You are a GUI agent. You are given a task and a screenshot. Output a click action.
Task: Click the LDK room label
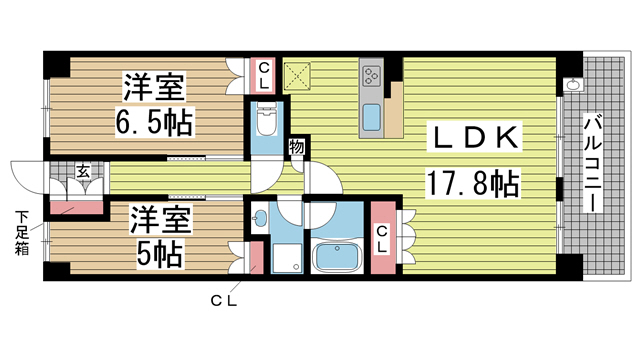(475, 138)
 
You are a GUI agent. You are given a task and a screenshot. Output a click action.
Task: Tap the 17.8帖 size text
(473, 183)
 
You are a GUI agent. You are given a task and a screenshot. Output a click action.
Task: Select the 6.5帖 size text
(154, 122)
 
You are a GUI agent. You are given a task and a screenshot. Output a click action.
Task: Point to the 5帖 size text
(160, 252)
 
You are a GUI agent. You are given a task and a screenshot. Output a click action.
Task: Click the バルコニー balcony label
(594, 164)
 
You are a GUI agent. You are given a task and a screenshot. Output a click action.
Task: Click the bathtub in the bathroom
(337, 256)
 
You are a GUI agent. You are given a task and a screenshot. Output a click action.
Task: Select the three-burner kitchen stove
(371, 76)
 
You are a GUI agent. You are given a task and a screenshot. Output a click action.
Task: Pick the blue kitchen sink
(371, 117)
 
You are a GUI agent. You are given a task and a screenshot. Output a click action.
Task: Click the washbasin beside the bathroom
(259, 218)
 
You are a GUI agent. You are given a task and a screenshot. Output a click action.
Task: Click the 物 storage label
(297, 147)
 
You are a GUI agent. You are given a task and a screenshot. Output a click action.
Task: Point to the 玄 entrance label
(83, 171)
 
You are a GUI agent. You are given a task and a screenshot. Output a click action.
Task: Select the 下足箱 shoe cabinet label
(22, 232)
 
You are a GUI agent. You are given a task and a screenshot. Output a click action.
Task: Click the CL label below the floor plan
(224, 301)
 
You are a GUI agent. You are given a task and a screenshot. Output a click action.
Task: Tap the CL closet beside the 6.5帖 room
(264, 76)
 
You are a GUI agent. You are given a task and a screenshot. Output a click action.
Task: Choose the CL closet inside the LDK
(383, 239)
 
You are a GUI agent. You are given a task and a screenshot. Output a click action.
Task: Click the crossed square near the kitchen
(297, 76)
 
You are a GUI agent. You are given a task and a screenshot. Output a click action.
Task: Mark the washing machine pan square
(287, 258)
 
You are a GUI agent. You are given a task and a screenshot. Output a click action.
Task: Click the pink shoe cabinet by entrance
(76, 208)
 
